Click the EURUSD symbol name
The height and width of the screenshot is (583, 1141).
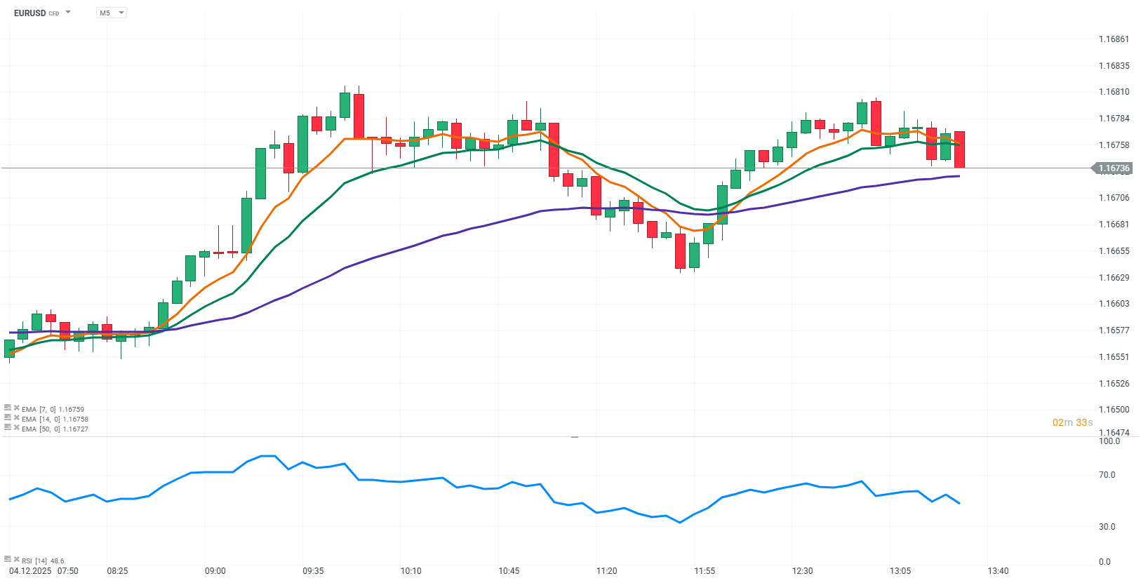(29, 13)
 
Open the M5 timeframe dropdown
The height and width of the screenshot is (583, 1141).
(112, 13)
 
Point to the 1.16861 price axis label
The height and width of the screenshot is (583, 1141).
(1114, 39)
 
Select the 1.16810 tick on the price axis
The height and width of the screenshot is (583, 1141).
(1114, 92)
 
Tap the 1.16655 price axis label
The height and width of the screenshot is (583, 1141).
(1114, 251)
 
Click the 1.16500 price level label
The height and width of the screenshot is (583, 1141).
(1114, 410)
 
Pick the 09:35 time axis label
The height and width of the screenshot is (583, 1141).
(313, 571)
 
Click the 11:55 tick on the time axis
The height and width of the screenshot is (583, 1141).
(705, 571)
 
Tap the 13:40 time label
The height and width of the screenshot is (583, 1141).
(998, 571)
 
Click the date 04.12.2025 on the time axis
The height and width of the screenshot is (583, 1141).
(30, 571)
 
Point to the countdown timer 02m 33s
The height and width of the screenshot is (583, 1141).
(1072, 422)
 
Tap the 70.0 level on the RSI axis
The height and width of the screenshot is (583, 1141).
(1107, 475)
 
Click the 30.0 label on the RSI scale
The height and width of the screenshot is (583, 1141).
(1107, 527)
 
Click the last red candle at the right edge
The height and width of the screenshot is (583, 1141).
(959, 149)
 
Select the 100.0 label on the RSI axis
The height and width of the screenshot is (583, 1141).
(1109, 441)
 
